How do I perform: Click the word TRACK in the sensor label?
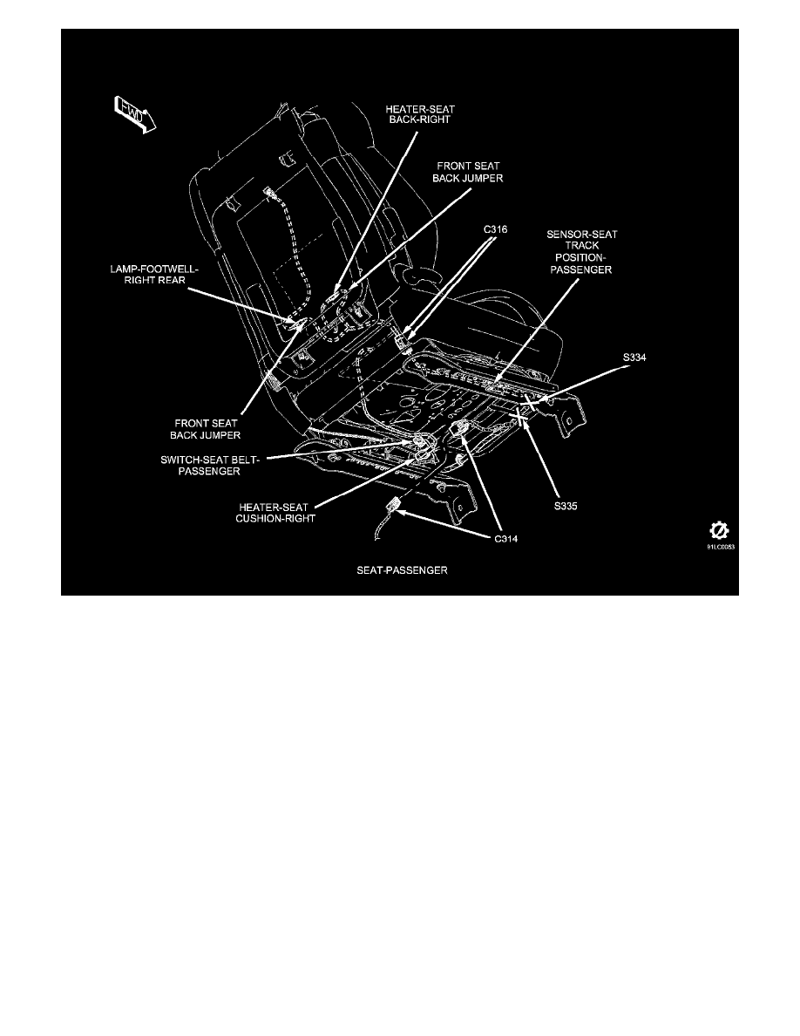point(580,248)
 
